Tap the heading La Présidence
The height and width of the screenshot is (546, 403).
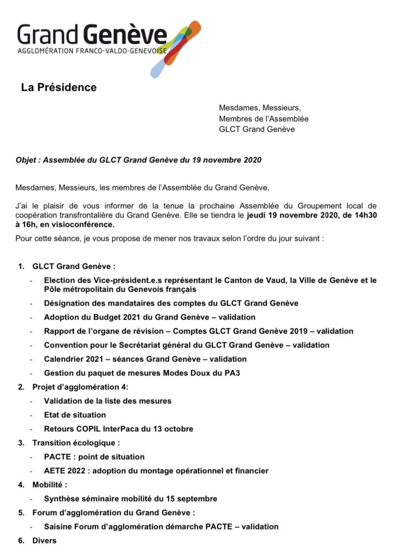coord(59,87)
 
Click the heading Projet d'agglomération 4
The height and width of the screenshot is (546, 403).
coord(81,387)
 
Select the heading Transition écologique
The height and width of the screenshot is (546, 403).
coord(76,443)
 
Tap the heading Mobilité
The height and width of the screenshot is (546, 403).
coord(50,485)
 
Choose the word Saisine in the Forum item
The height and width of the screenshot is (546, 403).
coord(59,526)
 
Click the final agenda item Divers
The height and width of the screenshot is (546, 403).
coord(44,540)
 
